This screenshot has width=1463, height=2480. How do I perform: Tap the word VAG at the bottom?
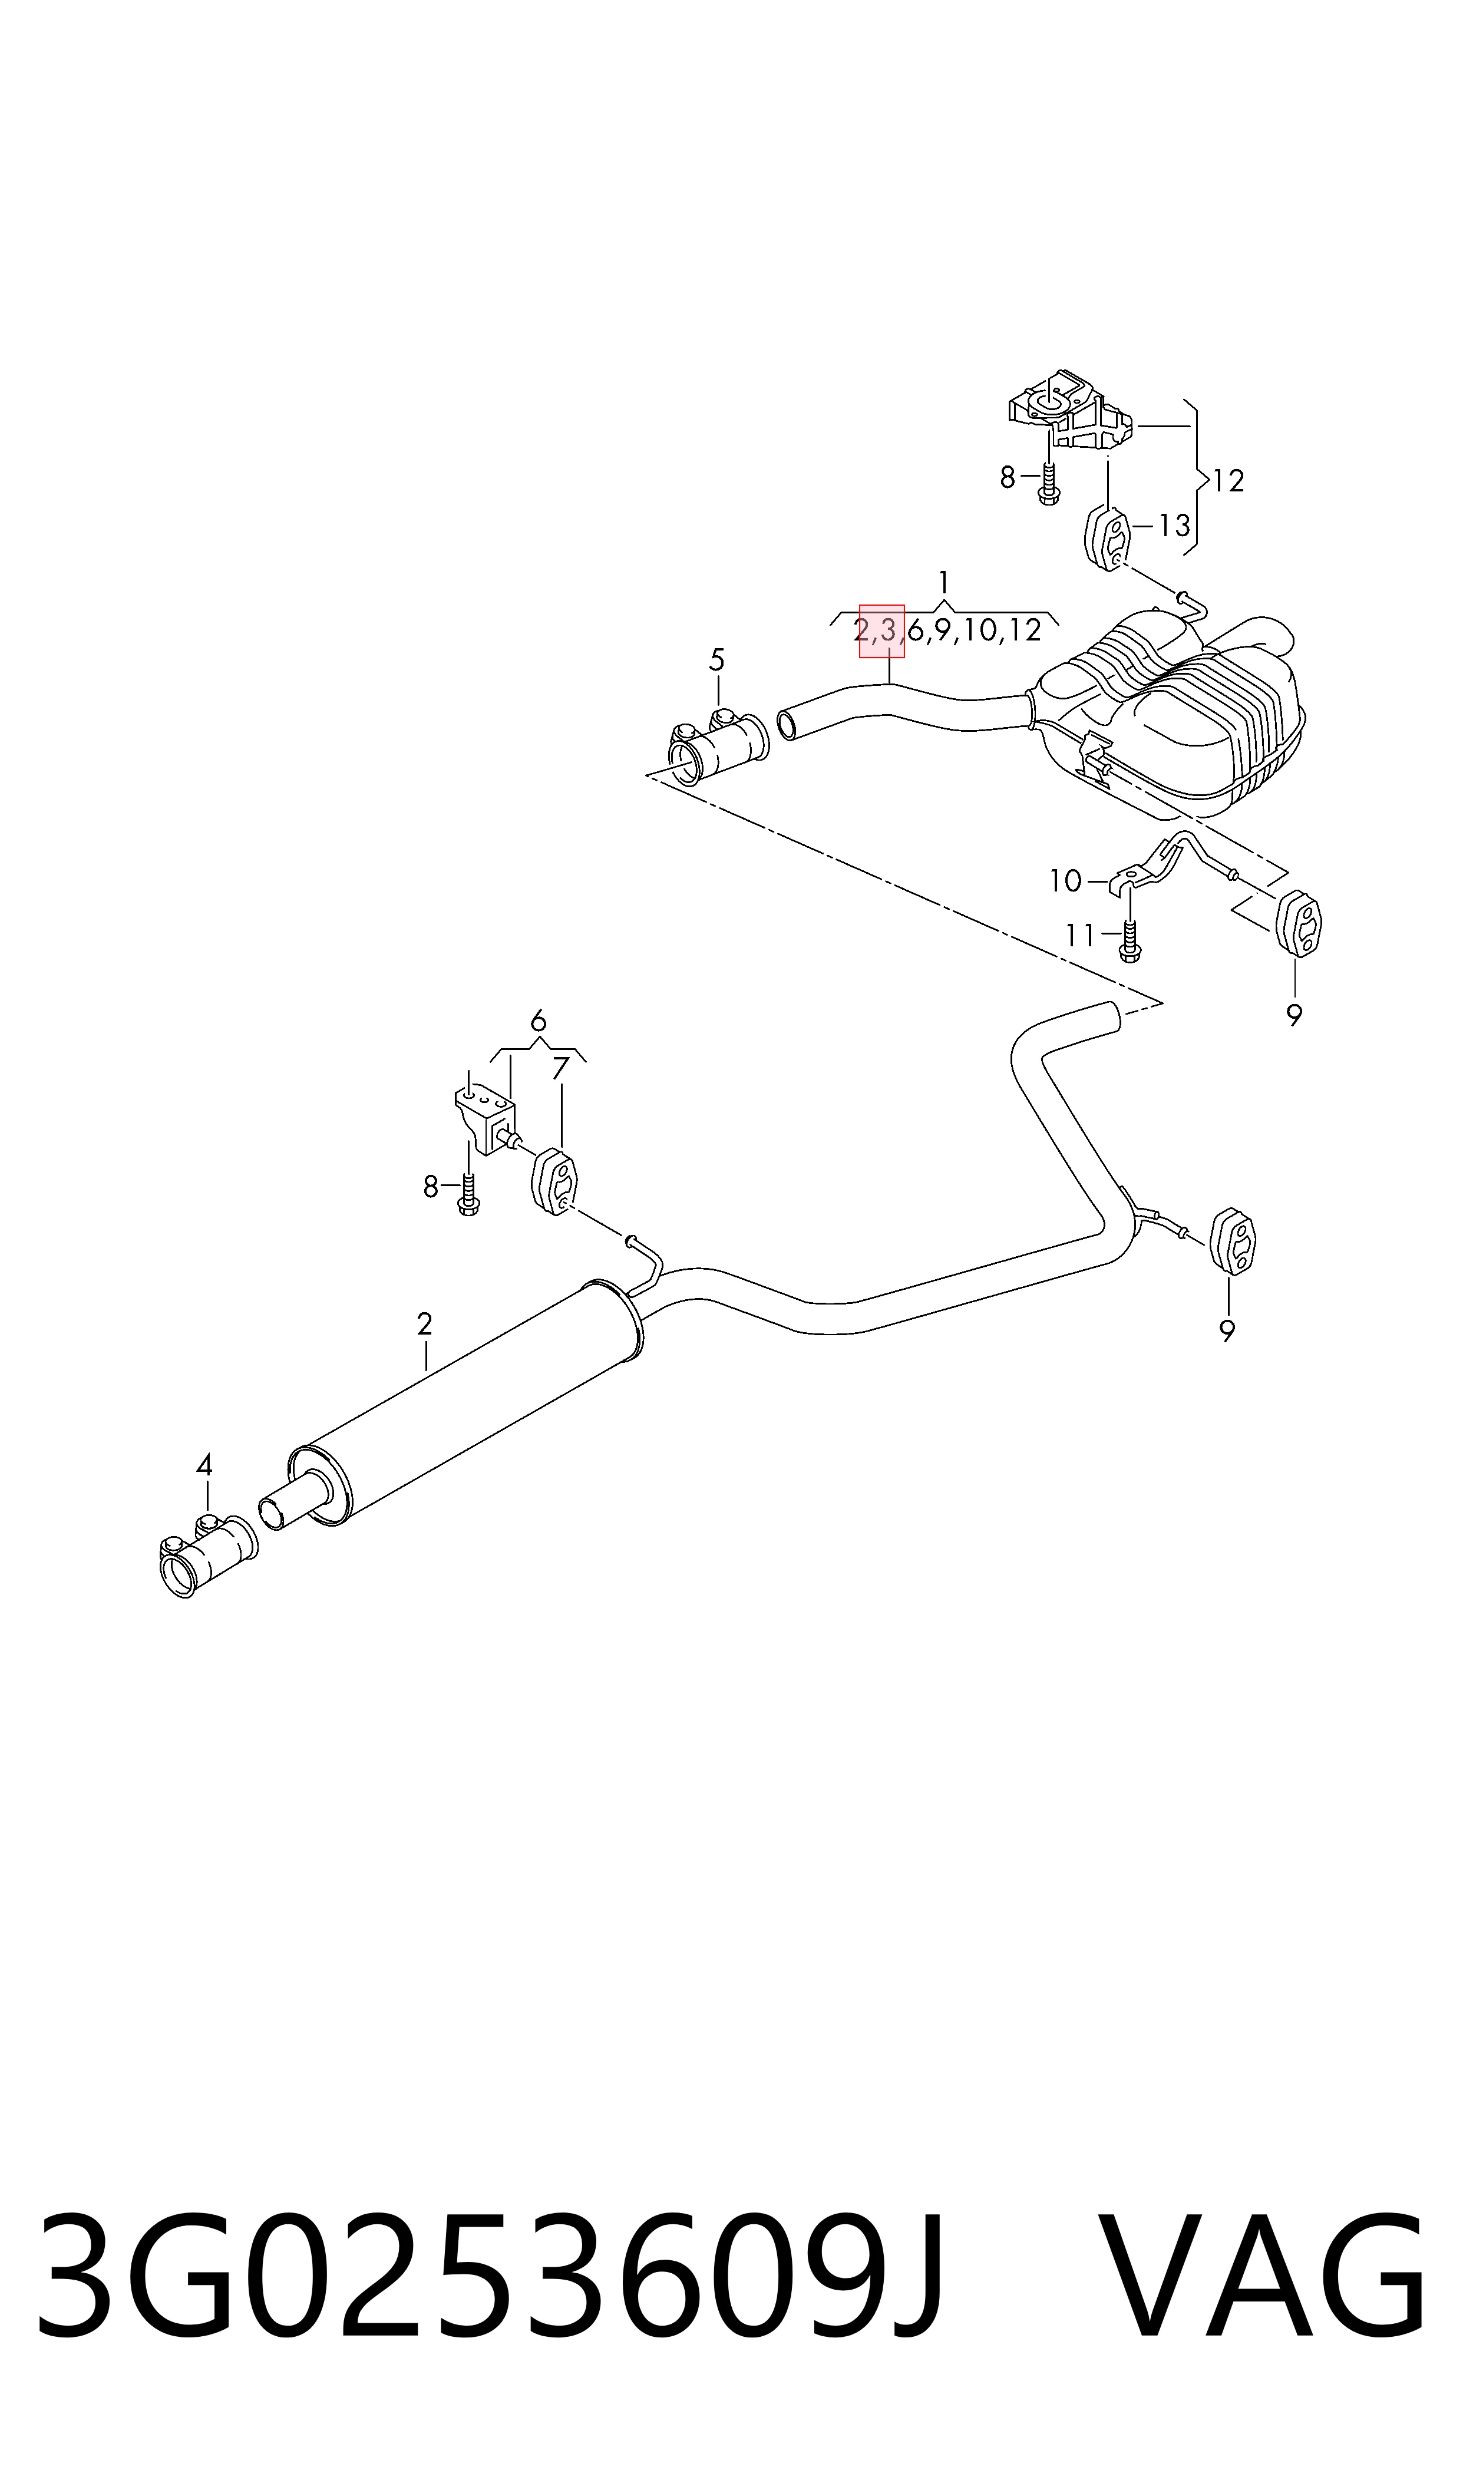point(1262,2263)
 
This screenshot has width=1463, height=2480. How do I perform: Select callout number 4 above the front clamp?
point(204,1466)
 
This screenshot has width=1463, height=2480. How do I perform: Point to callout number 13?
point(1174,526)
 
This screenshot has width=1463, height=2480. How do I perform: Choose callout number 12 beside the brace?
point(1228,481)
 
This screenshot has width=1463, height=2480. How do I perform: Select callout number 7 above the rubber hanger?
point(561,1068)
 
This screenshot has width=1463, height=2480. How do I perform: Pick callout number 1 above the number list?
point(943,583)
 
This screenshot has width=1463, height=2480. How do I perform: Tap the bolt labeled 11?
point(1130,937)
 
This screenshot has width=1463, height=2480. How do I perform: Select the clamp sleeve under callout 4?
point(207,1556)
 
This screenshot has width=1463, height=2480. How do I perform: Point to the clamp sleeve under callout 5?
point(719,746)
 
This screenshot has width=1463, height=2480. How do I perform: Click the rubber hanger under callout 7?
point(554,1181)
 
